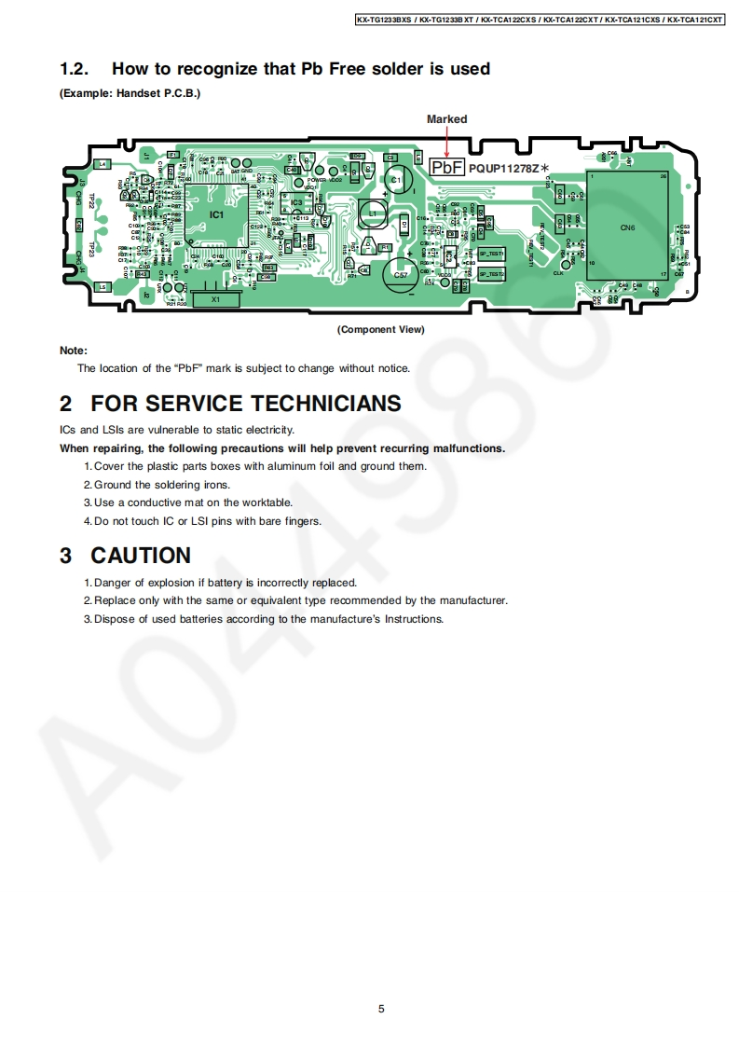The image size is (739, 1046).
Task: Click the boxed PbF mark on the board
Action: pos(447,167)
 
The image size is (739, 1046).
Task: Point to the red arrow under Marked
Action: pos(447,141)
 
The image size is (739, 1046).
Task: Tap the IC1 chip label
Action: pos(216,214)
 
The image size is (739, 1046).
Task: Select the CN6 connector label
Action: pos(628,227)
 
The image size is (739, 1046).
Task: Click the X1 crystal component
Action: pos(215,299)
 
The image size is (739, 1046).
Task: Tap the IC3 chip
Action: pos(296,202)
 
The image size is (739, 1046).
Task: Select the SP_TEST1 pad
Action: pos(491,254)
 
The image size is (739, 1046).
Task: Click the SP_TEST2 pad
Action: pos(491,274)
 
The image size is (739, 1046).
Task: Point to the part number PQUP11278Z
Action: pos(504,168)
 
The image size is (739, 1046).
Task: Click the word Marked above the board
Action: pos(447,119)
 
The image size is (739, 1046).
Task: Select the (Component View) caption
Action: pos(380,329)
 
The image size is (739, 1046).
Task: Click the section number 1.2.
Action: pos(74,69)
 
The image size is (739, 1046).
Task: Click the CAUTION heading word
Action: pos(141,556)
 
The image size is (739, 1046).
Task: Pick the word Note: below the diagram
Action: pos(74,351)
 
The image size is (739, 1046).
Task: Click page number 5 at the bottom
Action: pos(381,1008)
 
